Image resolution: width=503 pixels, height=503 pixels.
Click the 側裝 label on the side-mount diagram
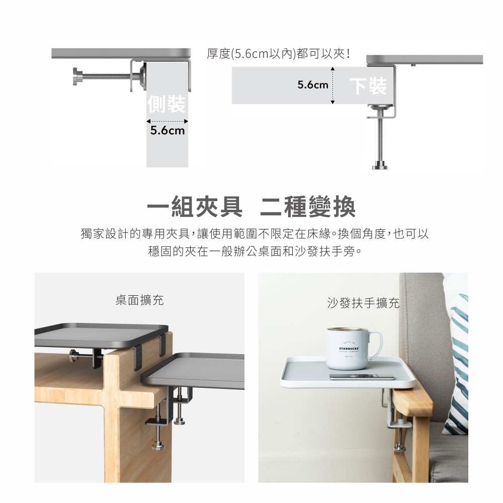tap(166, 104)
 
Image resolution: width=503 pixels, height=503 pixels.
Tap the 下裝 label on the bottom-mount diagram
tap(368, 86)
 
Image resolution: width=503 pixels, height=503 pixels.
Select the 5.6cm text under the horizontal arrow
tap(167, 131)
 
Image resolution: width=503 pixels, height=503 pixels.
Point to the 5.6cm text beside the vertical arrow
tap(313, 85)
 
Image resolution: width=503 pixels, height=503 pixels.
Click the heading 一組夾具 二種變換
tap(251, 207)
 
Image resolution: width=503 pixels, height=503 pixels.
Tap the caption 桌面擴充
tap(139, 300)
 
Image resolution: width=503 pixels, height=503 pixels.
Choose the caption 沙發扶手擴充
tap(363, 302)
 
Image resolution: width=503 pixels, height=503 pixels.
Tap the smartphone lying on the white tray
tap(362, 376)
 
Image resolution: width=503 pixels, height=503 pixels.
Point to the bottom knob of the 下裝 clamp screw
tap(380, 166)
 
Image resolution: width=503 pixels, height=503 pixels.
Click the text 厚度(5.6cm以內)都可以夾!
tap(279, 54)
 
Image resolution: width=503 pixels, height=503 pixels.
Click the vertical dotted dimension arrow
tap(332, 86)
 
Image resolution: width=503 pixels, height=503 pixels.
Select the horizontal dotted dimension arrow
tap(167, 121)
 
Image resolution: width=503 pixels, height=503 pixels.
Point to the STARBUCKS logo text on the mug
tap(349, 349)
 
